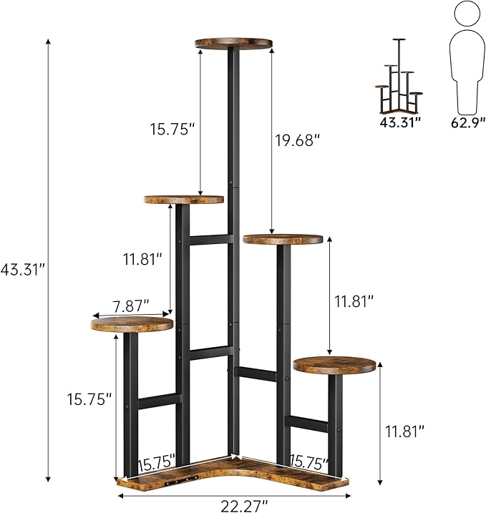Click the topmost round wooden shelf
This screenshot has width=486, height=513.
(234, 44)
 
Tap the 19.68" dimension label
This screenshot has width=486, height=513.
(296, 140)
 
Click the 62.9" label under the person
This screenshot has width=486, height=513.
(465, 122)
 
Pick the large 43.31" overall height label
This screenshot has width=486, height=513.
(23, 268)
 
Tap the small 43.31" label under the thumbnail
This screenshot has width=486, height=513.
(399, 122)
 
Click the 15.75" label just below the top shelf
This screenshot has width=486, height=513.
(172, 130)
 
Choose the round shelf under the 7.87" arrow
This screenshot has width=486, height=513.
(132, 324)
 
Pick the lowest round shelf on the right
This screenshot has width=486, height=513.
(335, 366)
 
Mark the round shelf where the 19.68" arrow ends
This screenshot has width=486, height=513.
(283, 239)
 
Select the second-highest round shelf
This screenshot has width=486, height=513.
(184, 200)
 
